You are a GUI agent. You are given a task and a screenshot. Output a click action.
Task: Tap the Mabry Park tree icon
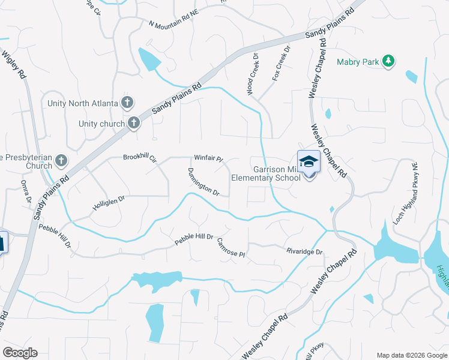389,61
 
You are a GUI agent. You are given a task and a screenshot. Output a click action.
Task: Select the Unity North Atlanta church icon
127,103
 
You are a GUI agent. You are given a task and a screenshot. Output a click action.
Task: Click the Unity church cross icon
133,124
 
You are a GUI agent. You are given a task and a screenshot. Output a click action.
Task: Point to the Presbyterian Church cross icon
61,161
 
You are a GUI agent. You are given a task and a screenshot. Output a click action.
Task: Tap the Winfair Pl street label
208,159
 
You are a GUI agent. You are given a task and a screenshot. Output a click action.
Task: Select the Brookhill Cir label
139,158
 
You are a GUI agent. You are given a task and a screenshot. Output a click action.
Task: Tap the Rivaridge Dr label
304,253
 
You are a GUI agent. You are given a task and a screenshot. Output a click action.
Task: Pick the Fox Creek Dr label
280,64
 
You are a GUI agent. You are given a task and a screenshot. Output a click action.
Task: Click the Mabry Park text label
358,61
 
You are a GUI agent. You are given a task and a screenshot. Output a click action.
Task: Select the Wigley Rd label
17,62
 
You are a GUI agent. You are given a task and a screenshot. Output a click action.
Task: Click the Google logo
20,353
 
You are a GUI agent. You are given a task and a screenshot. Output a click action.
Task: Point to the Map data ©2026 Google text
411,355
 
